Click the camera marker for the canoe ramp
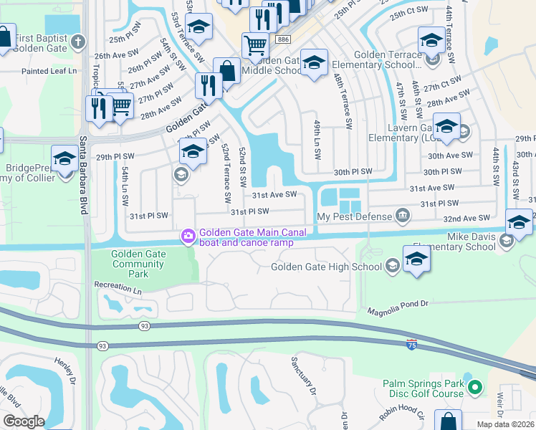coord(188,235)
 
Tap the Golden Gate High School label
coord(326,267)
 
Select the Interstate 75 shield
coord(411,345)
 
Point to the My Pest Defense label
coord(354,216)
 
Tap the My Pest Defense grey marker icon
coord(402,216)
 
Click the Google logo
coord(23,421)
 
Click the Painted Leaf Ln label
coord(49,71)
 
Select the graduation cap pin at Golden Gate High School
coord(416,259)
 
